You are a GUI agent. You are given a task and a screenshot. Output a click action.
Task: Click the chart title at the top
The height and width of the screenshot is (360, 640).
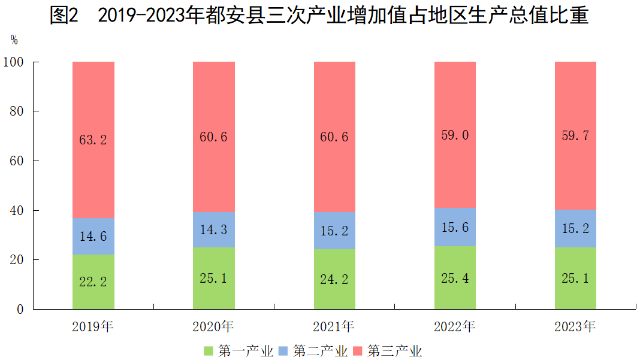319,16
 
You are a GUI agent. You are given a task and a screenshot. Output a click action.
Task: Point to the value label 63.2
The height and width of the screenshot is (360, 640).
93,140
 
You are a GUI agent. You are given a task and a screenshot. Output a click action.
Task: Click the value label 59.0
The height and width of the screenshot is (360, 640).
454,135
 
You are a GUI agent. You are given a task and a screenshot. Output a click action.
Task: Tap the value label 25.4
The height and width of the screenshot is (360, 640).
454,278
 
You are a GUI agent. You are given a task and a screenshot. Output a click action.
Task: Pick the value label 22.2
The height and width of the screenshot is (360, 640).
93,282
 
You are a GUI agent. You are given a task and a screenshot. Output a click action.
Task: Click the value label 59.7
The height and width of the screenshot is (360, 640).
575,136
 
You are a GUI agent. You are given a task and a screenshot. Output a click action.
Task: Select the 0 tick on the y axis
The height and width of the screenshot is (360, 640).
20,310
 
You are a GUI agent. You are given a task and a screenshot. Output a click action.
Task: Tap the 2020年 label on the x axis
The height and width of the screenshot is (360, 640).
213,327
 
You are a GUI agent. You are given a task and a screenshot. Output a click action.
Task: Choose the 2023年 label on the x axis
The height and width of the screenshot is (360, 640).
575,327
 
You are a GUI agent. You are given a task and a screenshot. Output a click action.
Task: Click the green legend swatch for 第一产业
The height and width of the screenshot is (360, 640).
209,350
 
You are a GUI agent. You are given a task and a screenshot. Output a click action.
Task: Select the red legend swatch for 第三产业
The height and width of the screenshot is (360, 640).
358,350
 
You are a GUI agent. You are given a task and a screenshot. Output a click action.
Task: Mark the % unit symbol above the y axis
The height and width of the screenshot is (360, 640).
14,40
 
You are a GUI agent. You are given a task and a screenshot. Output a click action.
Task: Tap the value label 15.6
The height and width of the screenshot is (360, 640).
454,228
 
